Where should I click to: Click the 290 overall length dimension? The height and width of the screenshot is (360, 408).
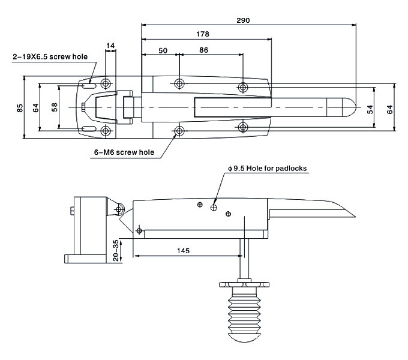(x=243, y=20)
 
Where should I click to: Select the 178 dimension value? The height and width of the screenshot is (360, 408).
(x=203, y=34)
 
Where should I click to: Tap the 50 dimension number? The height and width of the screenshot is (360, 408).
(x=163, y=50)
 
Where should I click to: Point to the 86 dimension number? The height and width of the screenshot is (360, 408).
(x=204, y=50)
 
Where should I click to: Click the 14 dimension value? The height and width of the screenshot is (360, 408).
(x=110, y=46)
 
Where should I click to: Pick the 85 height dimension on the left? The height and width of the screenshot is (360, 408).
(x=20, y=107)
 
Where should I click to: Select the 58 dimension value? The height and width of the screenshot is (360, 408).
(x=55, y=107)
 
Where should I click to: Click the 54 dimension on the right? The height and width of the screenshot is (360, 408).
(x=370, y=109)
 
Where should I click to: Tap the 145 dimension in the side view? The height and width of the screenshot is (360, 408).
(x=184, y=250)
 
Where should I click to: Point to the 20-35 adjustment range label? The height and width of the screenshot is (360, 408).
(x=116, y=250)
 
